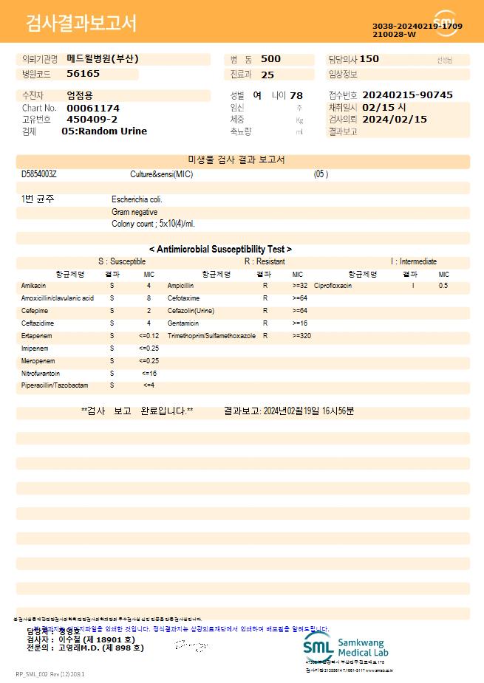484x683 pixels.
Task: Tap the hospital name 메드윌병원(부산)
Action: pos(103,58)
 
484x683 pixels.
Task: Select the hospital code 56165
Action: pos(83,74)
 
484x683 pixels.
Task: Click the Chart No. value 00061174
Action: pos(92,108)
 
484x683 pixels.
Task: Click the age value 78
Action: pos(296,95)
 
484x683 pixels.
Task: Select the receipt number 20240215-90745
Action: pos(408,95)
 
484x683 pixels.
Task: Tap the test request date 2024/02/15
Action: pos(395,119)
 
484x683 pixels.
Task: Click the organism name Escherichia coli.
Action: pos(137,199)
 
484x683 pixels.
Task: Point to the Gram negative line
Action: pos(134,212)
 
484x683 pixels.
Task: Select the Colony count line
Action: pos(153,224)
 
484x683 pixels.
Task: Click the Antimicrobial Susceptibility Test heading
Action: pos(220,250)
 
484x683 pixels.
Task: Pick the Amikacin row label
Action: pos(34,285)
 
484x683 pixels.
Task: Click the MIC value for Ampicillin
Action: pos(300,285)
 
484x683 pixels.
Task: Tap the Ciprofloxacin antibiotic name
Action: pos(333,285)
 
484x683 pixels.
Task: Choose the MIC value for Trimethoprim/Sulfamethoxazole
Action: pos(301,335)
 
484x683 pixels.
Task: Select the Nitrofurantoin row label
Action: pos(41,373)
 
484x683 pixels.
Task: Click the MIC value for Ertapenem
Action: pos(149,335)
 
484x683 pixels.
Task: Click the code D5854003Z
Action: pos(39,174)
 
